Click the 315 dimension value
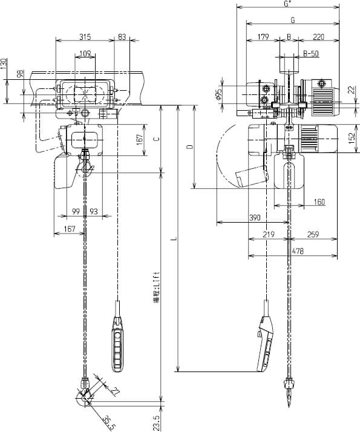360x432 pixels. pos(85,37)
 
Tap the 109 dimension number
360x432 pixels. pos(85,54)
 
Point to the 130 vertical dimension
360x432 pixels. pos(4,64)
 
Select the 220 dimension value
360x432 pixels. pos(318,37)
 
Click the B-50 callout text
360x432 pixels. pos(311,53)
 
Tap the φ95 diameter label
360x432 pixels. pos(219,95)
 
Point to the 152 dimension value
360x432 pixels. pos(352,139)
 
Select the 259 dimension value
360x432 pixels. pos(313,234)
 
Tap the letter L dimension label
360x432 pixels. pos(173,240)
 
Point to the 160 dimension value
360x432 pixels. pos(319,201)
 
